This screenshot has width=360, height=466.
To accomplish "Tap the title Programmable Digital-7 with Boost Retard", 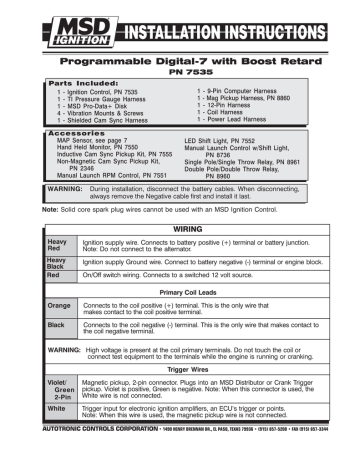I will pyautogui.click(x=180, y=57).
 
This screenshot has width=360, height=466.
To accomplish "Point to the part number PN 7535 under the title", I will pyautogui.click(x=180, y=71).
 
